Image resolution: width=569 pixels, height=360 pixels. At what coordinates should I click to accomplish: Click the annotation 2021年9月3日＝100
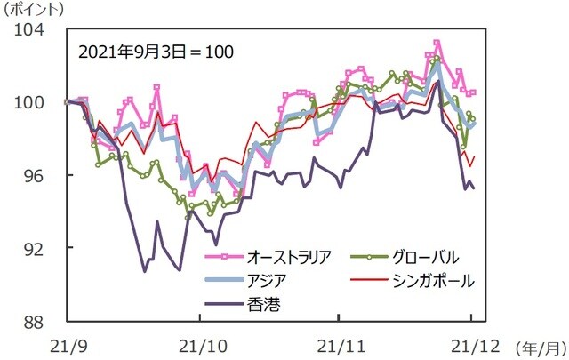(x=156, y=52)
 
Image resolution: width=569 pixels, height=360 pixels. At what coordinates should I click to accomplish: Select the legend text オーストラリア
(x=289, y=258)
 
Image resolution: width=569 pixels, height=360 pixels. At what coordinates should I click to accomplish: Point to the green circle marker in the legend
(x=365, y=258)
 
